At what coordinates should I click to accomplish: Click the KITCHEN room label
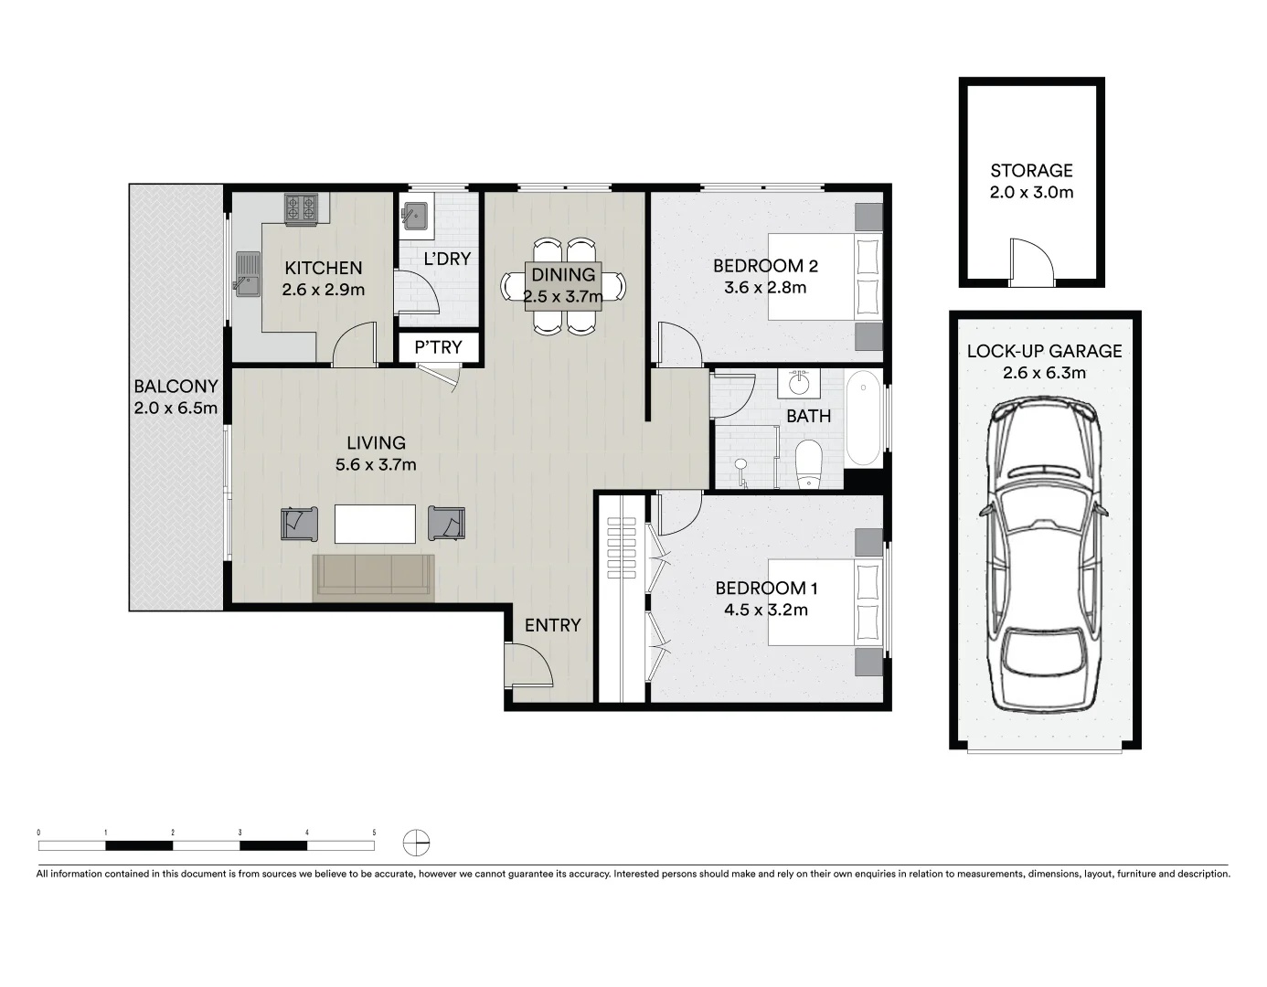point(324,268)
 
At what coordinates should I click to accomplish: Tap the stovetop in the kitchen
point(301,209)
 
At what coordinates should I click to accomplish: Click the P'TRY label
point(438,347)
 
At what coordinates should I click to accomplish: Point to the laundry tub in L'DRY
point(413,217)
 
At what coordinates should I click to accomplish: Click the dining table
point(563,286)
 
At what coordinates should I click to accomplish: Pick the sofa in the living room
point(374,577)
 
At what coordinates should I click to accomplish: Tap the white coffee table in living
point(375,525)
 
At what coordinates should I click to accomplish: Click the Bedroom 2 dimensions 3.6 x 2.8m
point(765,288)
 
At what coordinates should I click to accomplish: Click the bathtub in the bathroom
point(863,419)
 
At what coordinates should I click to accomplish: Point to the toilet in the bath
point(809,465)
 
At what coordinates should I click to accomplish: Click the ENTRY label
point(552,625)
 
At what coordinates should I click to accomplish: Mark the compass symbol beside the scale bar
point(416,842)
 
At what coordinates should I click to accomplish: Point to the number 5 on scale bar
point(374,833)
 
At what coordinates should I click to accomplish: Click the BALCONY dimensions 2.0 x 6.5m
point(176,409)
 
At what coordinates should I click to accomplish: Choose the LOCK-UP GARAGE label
point(1044,351)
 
